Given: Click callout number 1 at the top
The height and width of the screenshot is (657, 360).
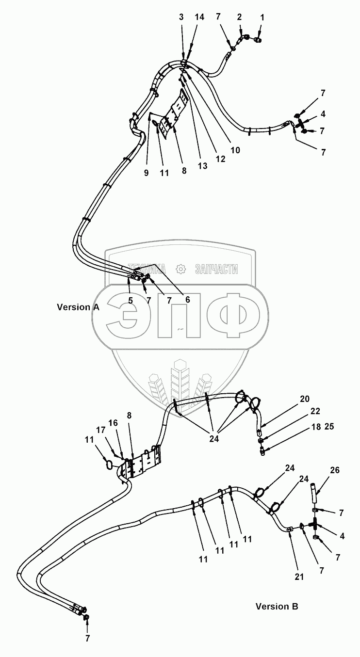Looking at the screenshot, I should [262, 17].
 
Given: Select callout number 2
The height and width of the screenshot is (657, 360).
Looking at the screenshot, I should [239, 17].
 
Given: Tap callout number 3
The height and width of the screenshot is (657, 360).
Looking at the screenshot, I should [181, 17].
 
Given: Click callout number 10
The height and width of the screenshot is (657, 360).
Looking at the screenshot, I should [235, 150].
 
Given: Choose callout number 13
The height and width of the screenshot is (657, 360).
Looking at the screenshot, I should [202, 166].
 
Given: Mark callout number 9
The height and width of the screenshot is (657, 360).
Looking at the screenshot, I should [146, 173].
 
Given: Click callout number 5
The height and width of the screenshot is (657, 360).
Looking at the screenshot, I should [131, 300].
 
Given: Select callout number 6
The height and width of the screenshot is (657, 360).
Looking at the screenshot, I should [187, 299].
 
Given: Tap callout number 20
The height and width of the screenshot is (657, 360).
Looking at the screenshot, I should [304, 400].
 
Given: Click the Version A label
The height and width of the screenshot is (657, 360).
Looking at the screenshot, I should [78, 307].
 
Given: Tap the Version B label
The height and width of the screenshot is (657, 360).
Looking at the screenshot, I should [277, 606].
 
